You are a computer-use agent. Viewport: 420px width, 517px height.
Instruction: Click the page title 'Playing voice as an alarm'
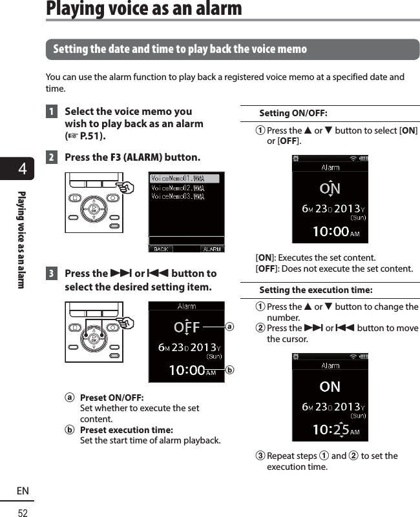[x=144, y=9]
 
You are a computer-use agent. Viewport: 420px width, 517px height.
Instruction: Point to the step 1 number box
[x=51, y=112]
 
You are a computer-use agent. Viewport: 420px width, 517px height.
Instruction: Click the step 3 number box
[x=51, y=273]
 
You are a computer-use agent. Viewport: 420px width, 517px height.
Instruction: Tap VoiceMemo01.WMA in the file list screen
[x=178, y=179]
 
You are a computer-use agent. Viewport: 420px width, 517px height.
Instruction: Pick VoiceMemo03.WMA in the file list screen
[x=178, y=196]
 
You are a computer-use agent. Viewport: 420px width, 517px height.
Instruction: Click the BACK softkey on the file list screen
[x=160, y=248]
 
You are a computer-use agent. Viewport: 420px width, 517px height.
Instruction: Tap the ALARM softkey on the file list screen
[x=211, y=248]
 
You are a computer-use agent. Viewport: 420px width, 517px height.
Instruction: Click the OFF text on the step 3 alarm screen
[x=187, y=327]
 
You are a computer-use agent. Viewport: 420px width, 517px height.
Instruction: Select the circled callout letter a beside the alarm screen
[x=230, y=327]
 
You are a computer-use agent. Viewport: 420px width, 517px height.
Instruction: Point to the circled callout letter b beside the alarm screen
[x=230, y=370]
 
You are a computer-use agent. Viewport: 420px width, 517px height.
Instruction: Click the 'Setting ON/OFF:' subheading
[x=293, y=114]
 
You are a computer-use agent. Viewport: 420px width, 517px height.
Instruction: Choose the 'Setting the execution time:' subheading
[x=315, y=290]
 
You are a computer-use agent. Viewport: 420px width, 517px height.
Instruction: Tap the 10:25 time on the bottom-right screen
[x=331, y=429]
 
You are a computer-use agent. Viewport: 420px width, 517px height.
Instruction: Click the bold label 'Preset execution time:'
[x=126, y=430]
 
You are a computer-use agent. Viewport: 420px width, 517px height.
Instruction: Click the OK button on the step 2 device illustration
[x=94, y=208]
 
